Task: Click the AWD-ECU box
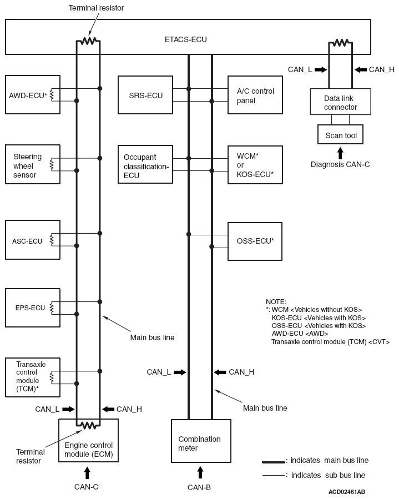(33, 94)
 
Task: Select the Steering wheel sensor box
(33, 164)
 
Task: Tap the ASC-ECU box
(33, 240)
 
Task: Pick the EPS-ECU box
(33, 308)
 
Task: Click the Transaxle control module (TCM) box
(33, 377)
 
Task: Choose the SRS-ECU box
(145, 95)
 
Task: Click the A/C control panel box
(255, 95)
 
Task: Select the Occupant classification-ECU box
(145, 164)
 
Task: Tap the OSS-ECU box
(255, 241)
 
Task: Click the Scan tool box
(341, 134)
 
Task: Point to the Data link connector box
(341, 102)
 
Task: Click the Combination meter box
(201, 441)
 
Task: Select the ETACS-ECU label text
(186, 39)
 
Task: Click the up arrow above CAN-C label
(87, 472)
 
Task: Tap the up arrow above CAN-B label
(200, 472)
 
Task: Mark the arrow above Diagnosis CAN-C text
(341, 153)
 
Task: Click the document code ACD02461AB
(347, 492)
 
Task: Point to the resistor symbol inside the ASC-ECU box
(52, 240)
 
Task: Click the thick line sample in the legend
(274, 462)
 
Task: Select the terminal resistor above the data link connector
(341, 42)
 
